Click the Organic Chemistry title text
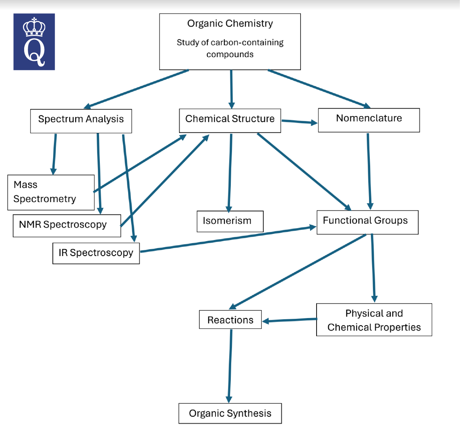tap(230, 24)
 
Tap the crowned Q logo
tap(34, 42)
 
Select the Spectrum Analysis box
tap(81, 120)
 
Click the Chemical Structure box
tap(230, 119)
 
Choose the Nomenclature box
tap(369, 119)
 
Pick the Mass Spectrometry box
tap(51, 192)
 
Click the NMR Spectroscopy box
tap(66, 225)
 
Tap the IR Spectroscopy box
tap(96, 253)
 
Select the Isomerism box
tap(230, 221)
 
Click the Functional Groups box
tap(367, 221)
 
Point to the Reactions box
tap(230, 320)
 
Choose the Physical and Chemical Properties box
tap(374, 320)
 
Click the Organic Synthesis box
tap(230, 413)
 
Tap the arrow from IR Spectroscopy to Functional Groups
tap(228, 240)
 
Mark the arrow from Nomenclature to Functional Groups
tap(369, 171)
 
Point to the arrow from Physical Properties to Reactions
tap(289, 320)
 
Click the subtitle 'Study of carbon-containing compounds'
tap(230, 48)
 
